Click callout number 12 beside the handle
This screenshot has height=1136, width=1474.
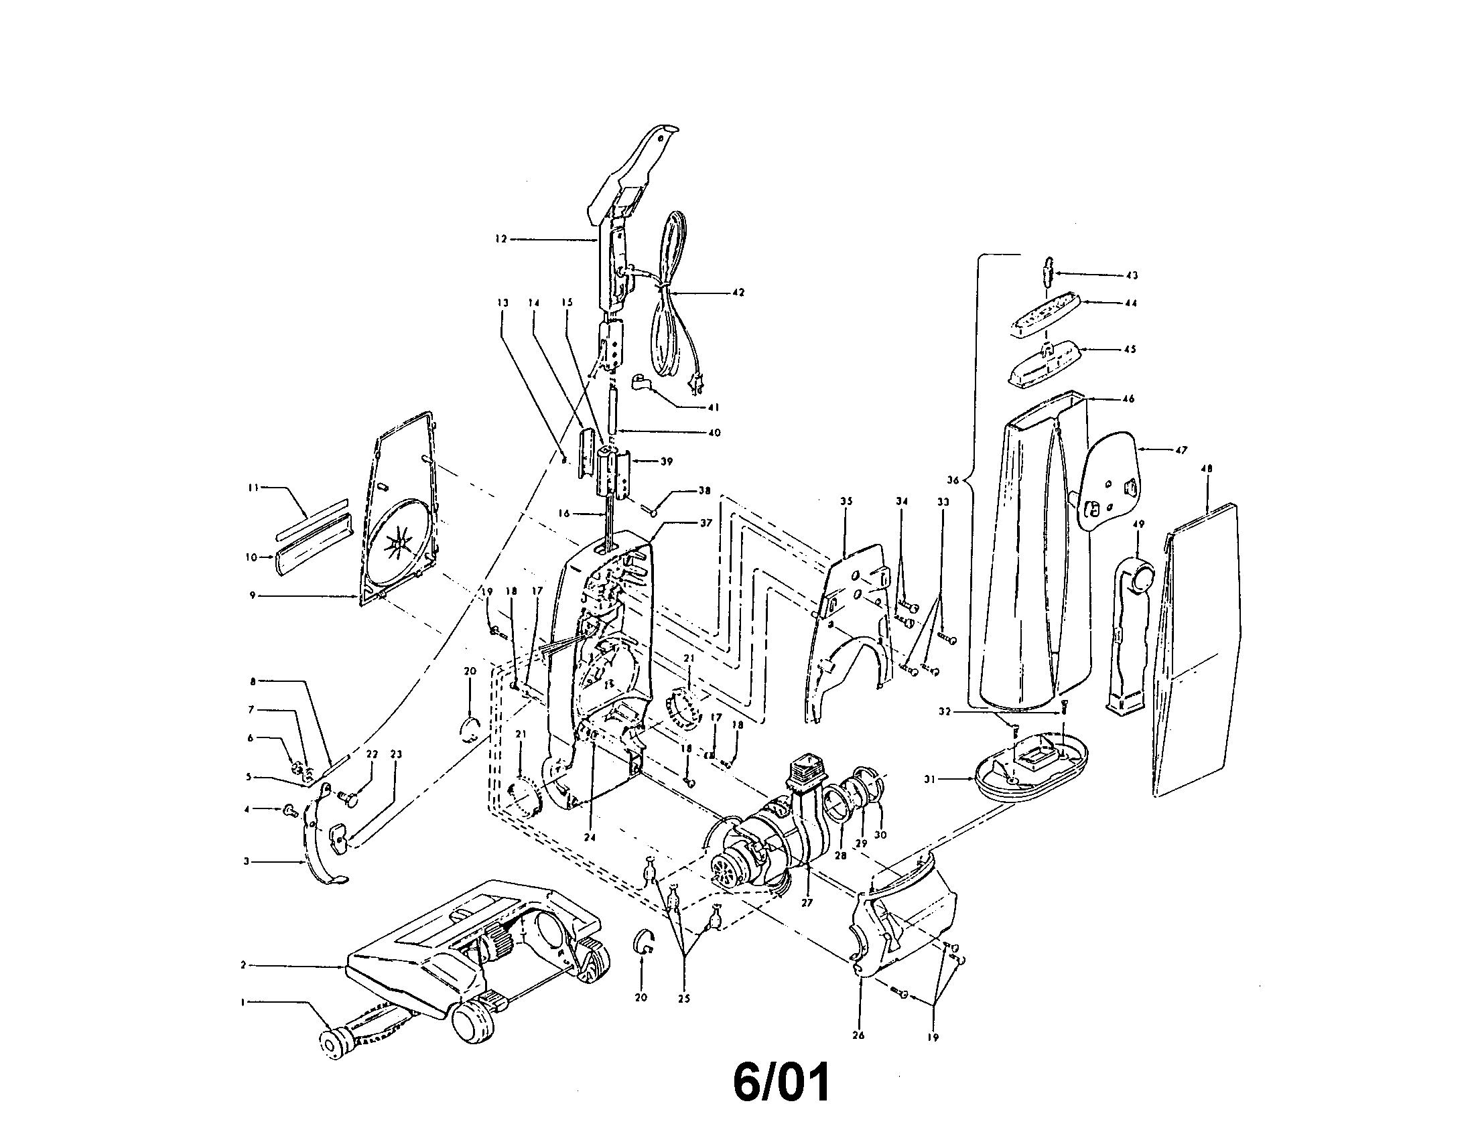coord(500,239)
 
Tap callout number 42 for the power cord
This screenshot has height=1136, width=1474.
coord(738,293)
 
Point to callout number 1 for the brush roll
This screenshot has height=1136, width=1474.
coord(243,1003)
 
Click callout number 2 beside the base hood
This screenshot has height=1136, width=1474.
coord(243,965)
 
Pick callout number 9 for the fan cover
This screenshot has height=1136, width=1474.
coord(253,595)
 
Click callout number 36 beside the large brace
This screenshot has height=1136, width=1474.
coord(953,480)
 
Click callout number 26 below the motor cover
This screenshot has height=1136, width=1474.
coord(858,1036)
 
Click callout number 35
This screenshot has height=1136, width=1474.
coord(846,501)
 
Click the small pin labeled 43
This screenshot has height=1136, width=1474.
coord(1048,273)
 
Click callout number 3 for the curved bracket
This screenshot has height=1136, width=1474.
coord(247,861)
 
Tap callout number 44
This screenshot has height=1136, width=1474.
coord(1131,303)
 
